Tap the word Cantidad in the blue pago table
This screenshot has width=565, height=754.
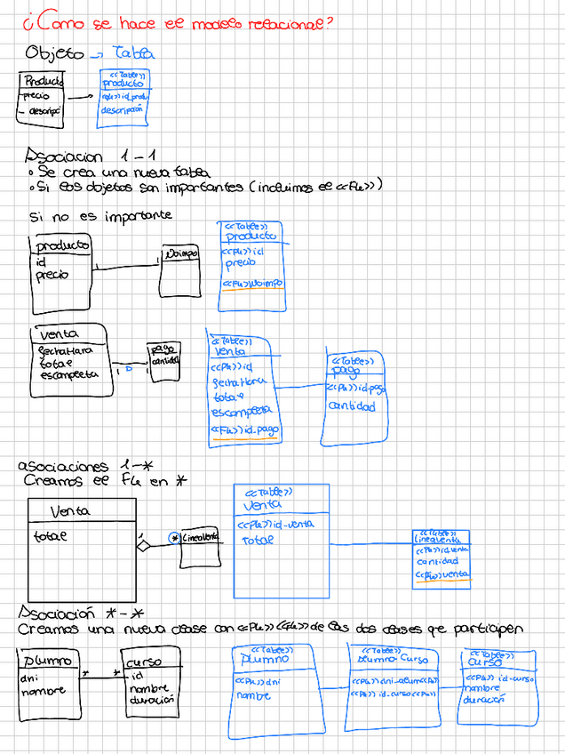(352, 406)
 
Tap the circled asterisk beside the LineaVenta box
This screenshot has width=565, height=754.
(175, 538)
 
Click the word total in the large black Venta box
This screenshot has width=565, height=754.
(51, 537)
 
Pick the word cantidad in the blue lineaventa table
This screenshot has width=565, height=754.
(437, 562)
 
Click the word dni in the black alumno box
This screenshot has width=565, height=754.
(29, 678)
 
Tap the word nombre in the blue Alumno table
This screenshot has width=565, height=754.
(253, 695)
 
